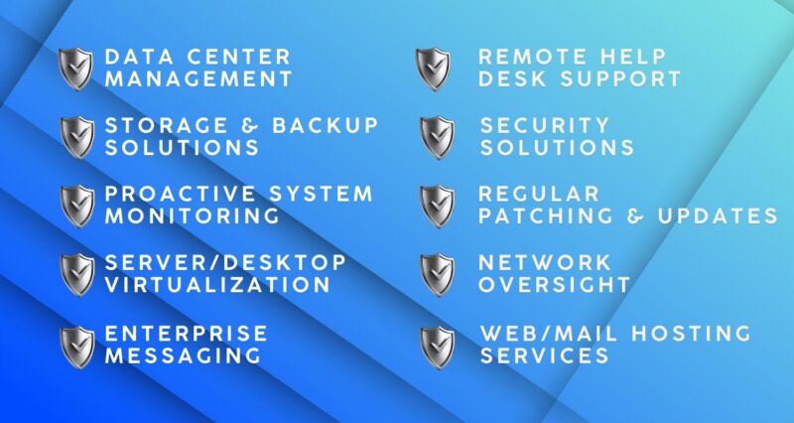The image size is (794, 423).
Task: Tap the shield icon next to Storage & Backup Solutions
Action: pyautogui.click(x=77, y=137)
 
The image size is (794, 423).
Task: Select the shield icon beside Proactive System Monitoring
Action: pyautogui.click(x=77, y=206)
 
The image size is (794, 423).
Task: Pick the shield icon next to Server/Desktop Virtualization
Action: pyautogui.click(x=77, y=273)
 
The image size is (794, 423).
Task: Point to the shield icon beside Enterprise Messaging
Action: pyautogui.click(x=77, y=346)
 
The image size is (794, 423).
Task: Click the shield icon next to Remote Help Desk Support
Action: pyautogui.click(x=433, y=68)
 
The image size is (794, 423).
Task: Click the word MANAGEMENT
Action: pyautogui.click(x=198, y=78)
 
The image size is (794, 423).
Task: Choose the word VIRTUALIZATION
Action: pyautogui.click(x=217, y=285)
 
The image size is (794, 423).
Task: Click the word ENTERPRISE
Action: pyautogui.click(x=186, y=333)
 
